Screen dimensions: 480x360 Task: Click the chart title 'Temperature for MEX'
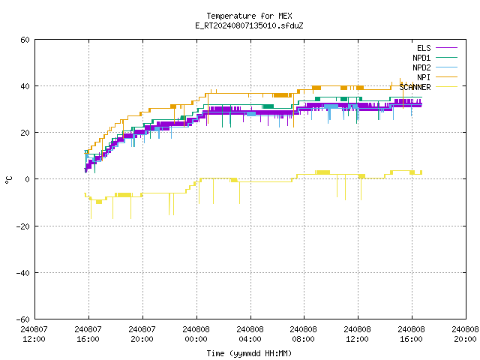[x=249, y=16]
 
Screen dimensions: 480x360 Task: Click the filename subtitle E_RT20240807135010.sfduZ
[x=249, y=25]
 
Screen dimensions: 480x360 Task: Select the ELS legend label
[x=424, y=48]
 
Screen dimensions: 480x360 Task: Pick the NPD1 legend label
[x=421, y=58]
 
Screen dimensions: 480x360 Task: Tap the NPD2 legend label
[x=421, y=67]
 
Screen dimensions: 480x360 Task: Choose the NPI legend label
[x=424, y=77]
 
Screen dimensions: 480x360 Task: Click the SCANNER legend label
[x=415, y=87]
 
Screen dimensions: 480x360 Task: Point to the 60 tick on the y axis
[x=25, y=40]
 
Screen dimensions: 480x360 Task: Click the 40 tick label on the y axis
[x=25, y=86]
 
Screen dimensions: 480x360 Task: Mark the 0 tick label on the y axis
[x=27, y=179]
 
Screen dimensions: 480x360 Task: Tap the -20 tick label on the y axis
[x=23, y=226]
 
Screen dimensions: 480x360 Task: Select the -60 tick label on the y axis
[x=23, y=319]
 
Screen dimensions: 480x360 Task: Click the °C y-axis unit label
[x=8, y=180]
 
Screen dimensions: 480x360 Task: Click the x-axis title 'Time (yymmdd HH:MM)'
[x=249, y=353]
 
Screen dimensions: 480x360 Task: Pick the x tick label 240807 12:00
[x=34, y=334]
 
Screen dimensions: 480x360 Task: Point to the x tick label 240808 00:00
[x=196, y=334]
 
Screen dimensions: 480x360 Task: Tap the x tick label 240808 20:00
[x=465, y=334]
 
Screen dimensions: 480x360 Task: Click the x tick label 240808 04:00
[x=250, y=334]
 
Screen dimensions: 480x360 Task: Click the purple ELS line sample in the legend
[x=446, y=48]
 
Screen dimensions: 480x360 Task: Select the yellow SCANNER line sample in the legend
[x=446, y=87]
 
